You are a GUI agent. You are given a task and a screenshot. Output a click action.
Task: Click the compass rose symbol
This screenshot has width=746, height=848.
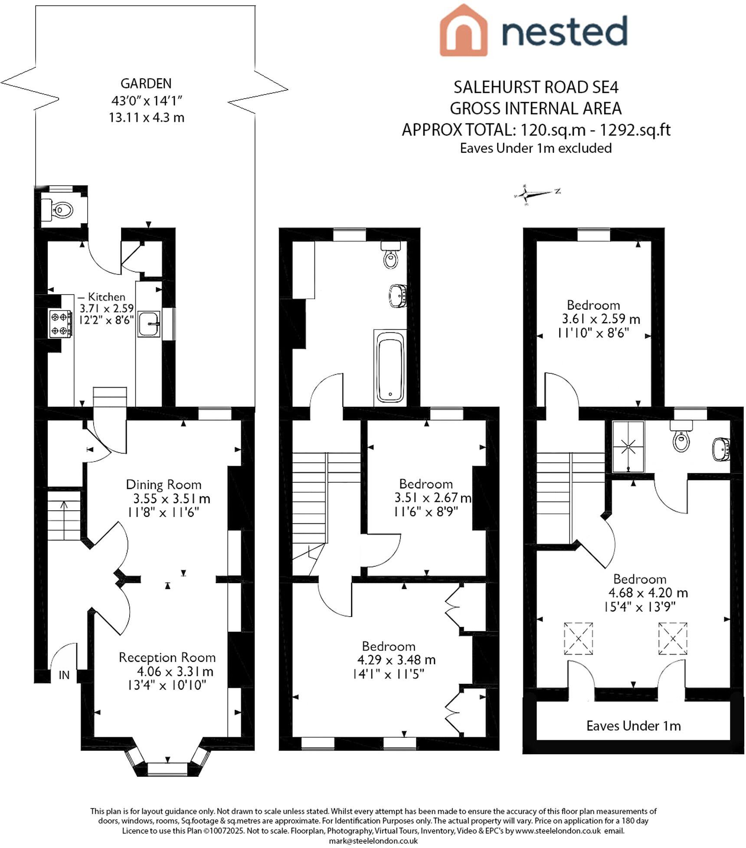(x=526, y=194)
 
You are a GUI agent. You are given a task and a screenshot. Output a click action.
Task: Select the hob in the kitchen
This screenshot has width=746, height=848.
(x=60, y=323)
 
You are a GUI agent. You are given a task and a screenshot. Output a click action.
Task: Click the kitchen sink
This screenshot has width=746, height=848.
(x=149, y=324)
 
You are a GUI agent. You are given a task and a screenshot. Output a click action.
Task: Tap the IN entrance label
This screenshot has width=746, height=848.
(x=64, y=675)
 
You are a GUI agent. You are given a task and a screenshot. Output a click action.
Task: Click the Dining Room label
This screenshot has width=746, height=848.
(x=164, y=485)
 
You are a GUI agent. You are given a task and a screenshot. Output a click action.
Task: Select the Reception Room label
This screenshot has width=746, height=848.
(x=167, y=657)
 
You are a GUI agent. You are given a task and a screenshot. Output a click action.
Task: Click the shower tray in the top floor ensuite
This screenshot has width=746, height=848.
(x=628, y=447)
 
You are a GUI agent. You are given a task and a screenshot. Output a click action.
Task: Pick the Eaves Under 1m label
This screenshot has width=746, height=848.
(x=633, y=726)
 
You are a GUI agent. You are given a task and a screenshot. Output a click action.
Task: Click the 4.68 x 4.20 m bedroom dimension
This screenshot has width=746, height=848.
(x=648, y=593)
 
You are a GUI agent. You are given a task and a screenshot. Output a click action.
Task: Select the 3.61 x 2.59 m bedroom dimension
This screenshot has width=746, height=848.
(x=601, y=319)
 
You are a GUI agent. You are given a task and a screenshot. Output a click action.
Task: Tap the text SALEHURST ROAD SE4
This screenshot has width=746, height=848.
(x=536, y=88)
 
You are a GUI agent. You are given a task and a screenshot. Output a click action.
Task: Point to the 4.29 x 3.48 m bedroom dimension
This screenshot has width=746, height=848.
(x=396, y=660)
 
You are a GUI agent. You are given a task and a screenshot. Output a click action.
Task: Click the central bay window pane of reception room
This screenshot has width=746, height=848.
(x=167, y=769)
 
